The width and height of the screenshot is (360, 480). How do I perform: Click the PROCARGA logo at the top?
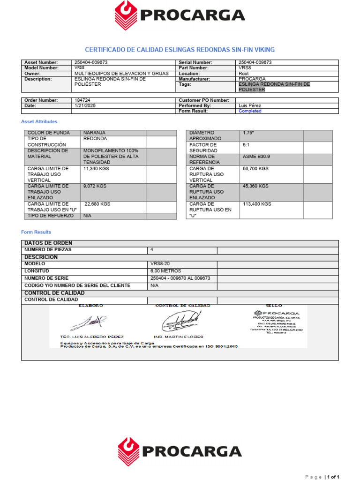pos(180,15)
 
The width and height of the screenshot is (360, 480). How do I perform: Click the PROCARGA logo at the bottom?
pos(180,451)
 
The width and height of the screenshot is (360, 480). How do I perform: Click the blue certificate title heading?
pos(180,50)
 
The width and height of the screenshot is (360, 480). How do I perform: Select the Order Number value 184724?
pos(82,100)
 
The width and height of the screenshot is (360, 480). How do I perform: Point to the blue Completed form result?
pos(250,112)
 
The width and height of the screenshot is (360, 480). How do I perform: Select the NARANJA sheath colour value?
pos(94,133)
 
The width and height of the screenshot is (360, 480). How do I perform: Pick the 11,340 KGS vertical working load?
pos(96,168)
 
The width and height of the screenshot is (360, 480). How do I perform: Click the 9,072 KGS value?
pos(95,186)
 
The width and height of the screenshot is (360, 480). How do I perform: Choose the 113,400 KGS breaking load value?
pos(257,204)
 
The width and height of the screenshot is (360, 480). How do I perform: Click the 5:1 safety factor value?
pos(247,145)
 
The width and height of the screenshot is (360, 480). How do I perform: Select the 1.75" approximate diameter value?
pos(248,133)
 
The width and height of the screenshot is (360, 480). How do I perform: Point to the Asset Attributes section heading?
pos(39,122)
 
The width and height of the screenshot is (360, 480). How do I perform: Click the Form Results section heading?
pos(36,232)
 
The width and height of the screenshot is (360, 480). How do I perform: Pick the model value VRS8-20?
pos(161,264)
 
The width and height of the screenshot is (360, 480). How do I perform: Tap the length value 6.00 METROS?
pos(165,271)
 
